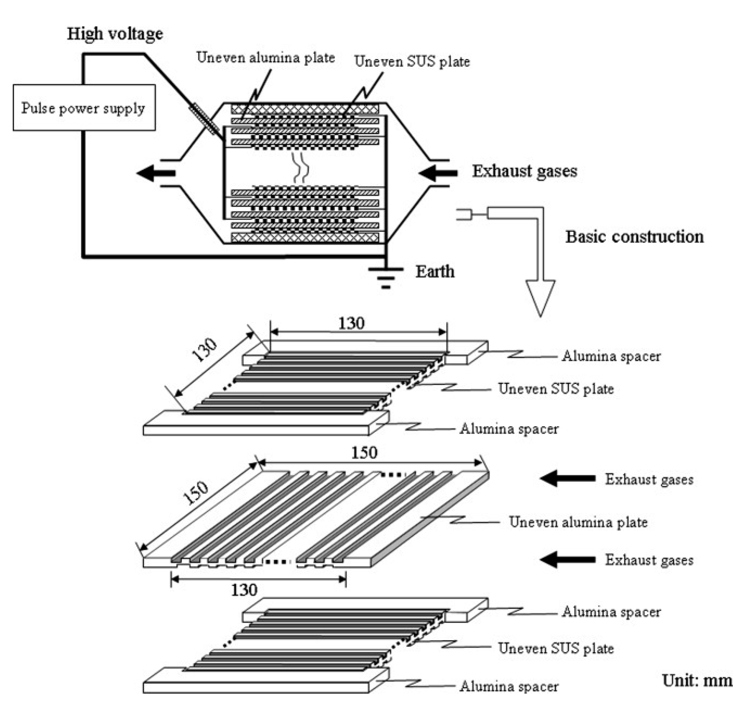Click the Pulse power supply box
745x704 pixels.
pos(84,108)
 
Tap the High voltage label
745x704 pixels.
pos(115,34)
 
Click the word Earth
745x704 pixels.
pos(435,271)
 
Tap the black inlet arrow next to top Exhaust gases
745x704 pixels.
pos(438,173)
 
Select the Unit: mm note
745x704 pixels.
pos(697,680)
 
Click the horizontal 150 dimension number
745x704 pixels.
pos(364,453)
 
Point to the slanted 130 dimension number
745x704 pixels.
pos(204,350)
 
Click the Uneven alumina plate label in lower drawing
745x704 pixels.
pos(578,522)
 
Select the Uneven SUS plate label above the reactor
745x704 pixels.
pos(412,61)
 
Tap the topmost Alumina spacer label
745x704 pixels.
pos(611,356)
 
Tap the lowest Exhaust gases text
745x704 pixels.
pos(649,560)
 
